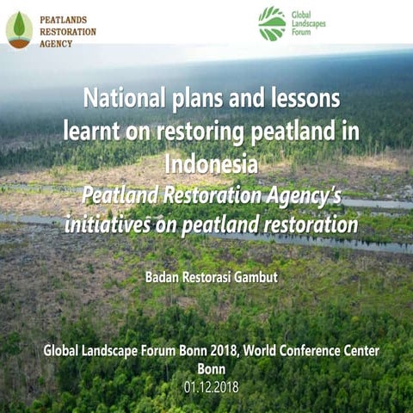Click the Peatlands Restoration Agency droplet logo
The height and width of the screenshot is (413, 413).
(18, 29)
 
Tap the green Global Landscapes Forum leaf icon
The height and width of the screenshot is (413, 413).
(272, 23)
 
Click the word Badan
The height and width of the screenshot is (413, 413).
(165, 277)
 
